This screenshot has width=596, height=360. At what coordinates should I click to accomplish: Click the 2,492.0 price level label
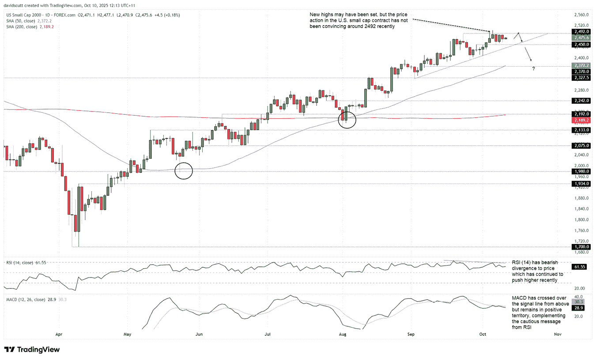[581, 32]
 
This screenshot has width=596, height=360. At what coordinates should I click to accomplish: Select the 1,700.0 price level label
[581, 247]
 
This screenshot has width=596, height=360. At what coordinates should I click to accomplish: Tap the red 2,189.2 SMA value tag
[581, 120]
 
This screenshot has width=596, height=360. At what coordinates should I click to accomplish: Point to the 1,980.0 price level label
[581, 171]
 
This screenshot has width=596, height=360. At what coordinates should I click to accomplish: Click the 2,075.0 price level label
[581, 146]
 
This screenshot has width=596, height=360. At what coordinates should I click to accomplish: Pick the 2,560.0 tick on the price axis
[580, 15]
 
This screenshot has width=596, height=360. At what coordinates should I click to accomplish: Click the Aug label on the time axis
[343, 335]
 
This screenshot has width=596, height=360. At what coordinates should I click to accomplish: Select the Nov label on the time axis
[557, 335]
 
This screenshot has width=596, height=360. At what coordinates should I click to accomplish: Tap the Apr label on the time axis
[58, 335]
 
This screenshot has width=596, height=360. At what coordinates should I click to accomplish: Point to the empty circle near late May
[184, 170]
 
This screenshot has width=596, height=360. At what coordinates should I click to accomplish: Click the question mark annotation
[533, 69]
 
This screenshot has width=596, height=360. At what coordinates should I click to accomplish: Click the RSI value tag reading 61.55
[581, 267]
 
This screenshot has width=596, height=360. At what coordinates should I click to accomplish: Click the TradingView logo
[32, 349]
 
